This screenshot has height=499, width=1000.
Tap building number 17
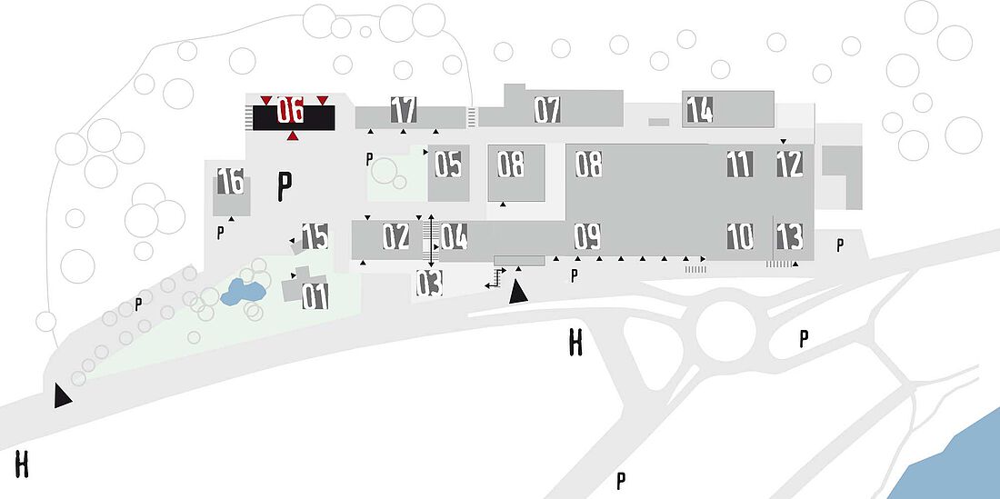tap(404, 110)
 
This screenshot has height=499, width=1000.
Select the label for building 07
tap(547, 110)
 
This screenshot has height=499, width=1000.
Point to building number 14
tap(700, 110)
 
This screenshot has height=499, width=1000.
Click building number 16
tap(230, 181)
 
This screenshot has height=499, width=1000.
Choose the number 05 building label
tap(447, 164)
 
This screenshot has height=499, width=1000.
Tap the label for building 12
tap(789, 164)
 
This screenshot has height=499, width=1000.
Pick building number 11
tap(740, 164)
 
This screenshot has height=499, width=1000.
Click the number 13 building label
tap(789, 236)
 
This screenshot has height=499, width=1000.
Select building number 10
tap(740, 236)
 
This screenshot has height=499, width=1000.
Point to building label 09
tap(587, 236)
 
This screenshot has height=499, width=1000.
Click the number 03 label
tap(429, 283)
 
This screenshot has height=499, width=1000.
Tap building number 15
tap(315, 236)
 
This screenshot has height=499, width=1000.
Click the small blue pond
tap(243, 293)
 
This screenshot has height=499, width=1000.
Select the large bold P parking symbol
tap(285, 186)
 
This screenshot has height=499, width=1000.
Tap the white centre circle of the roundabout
tap(725, 332)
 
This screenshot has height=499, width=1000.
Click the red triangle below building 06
tap(293, 135)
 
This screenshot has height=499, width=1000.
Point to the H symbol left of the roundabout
tap(575, 343)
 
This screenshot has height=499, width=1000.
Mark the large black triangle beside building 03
tap(517, 292)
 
